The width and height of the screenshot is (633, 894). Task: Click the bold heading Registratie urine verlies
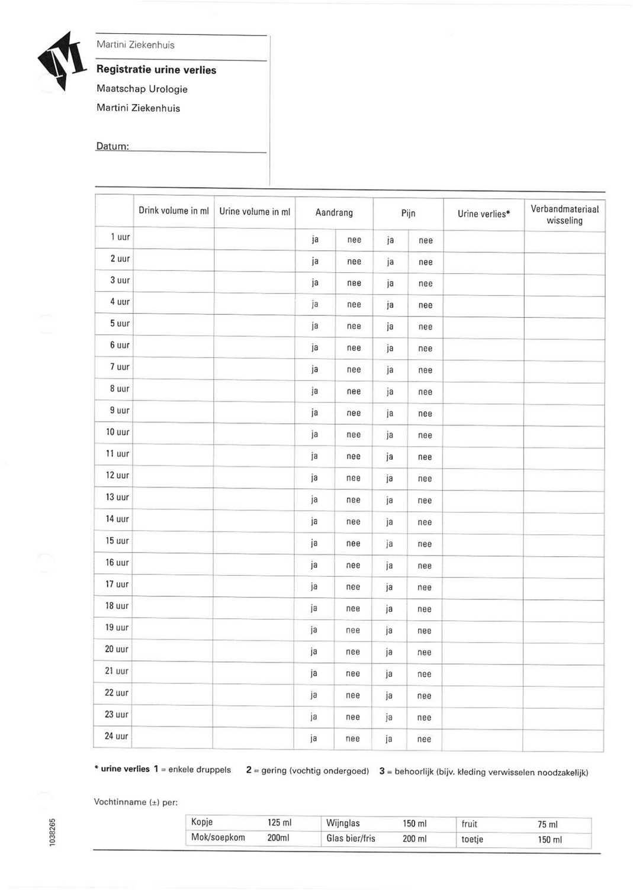point(156,70)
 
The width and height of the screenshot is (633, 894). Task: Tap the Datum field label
point(113,146)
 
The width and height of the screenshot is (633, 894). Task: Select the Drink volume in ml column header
point(173,211)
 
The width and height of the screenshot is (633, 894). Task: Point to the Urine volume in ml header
point(255,211)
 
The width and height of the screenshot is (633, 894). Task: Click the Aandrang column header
point(334,212)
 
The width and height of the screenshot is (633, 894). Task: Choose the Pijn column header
point(408,213)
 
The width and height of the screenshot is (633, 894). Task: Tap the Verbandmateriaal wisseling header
point(564,215)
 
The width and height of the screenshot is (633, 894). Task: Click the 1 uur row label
point(120,237)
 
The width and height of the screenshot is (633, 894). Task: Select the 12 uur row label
point(117,476)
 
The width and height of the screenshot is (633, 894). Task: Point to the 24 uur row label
point(117,737)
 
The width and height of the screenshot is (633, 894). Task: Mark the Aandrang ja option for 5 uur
point(315,326)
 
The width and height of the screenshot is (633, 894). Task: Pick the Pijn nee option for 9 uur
point(425,414)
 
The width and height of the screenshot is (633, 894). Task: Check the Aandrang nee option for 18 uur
point(353,609)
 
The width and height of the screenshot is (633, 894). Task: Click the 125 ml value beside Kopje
point(279,823)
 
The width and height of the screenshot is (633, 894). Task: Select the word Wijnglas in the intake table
point(343,823)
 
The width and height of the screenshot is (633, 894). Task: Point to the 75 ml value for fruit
point(548,824)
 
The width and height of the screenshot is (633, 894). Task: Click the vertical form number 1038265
point(52,832)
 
